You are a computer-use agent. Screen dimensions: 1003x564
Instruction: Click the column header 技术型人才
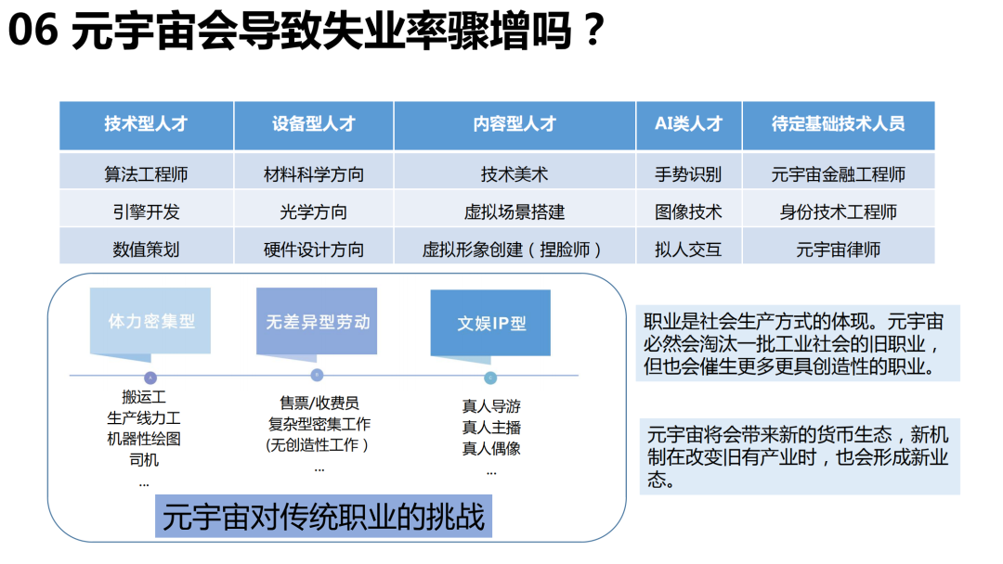(147, 125)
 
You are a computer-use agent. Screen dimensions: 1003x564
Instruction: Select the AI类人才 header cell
(689, 125)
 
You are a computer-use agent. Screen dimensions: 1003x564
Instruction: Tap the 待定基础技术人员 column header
(838, 125)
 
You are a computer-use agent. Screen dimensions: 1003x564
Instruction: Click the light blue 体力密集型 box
(150, 321)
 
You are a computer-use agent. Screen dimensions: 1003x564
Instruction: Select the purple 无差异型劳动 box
(317, 321)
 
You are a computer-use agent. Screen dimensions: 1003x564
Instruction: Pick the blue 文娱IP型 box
(490, 323)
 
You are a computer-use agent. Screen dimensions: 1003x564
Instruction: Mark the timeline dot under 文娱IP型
(490, 378)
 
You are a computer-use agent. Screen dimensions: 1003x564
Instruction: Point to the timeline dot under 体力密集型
(150, 378)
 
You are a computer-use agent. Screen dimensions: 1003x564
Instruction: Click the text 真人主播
(491, 428)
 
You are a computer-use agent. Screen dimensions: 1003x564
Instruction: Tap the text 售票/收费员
(319, 403)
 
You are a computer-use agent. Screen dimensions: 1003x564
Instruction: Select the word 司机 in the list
(144, 460)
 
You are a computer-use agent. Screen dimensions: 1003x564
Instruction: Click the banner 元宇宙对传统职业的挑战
(324, 516)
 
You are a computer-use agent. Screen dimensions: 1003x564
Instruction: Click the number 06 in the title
(33, 30)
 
